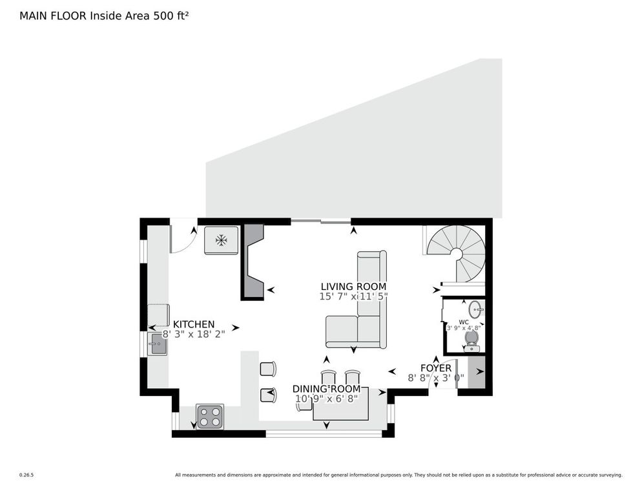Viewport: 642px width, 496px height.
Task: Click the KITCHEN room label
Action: pos(194,324)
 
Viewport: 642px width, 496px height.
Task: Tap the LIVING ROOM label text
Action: pos(353,286)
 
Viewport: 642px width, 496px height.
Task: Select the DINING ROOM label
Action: pos(326,389)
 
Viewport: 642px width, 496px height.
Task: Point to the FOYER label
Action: pos(436,368)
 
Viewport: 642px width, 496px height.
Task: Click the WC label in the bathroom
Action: pos(464,321)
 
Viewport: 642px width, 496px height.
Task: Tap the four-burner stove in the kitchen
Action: pos(209,417)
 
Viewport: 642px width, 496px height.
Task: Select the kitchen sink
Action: pos(158,344)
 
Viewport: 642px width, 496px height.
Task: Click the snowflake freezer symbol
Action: pos(222,240)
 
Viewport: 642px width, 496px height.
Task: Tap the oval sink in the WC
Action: pos(475,309)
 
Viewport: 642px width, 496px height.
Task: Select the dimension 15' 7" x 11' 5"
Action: pos(353,296)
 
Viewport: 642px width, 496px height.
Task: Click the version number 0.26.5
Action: pos(26,475)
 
